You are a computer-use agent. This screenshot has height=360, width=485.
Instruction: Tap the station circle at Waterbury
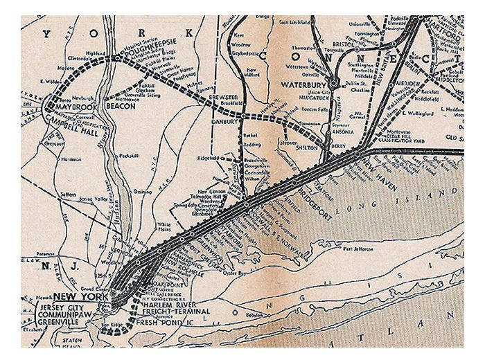click(x=334, y=84)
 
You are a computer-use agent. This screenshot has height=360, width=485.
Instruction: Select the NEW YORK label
click(x=71, y=295)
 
